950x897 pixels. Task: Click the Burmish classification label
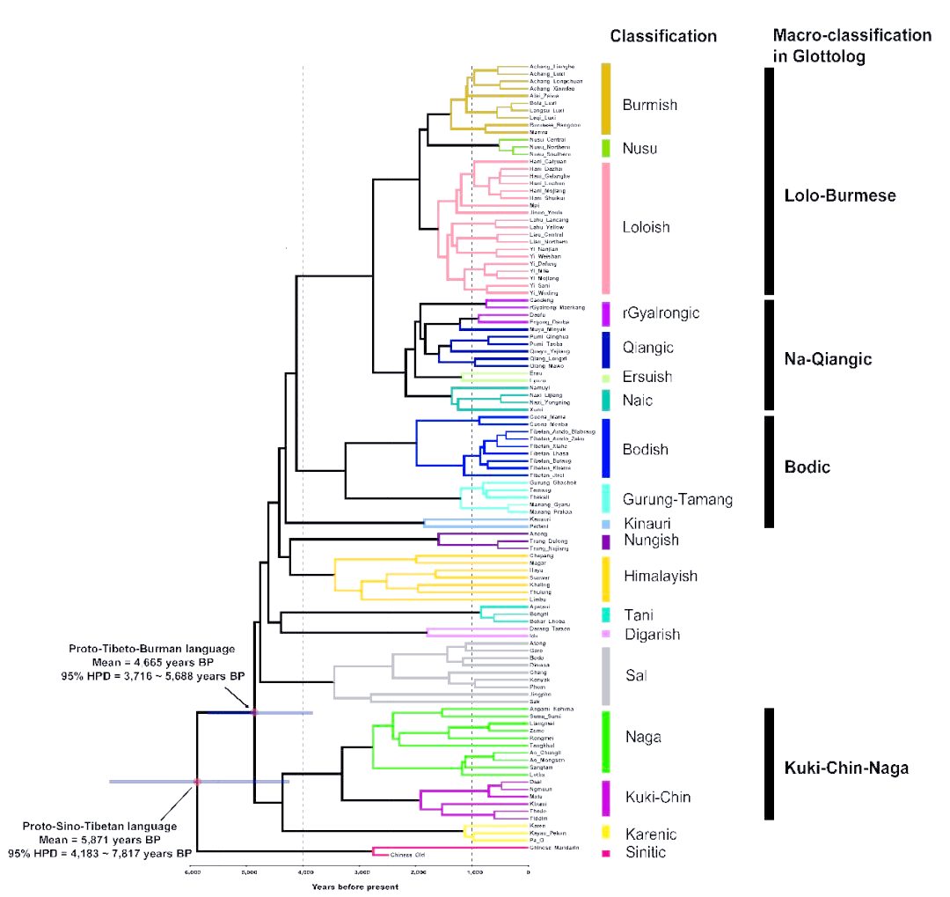[649, 105]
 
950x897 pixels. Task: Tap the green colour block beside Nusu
[606, 148]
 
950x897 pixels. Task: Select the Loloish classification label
[646, 227]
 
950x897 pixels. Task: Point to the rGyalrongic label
[660, 313]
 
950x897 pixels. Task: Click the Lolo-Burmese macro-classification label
[840, 195]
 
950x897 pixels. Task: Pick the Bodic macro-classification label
[807, 467]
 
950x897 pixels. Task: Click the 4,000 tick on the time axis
[303, 872]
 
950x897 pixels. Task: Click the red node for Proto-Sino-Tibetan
[197, 782]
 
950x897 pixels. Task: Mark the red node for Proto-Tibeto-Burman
[254, 712]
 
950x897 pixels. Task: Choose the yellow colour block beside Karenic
[606, 832]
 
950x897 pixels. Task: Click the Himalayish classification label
[660, 577]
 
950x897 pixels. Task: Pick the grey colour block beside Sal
[606, 676]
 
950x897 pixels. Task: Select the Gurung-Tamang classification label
[677, 500]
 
